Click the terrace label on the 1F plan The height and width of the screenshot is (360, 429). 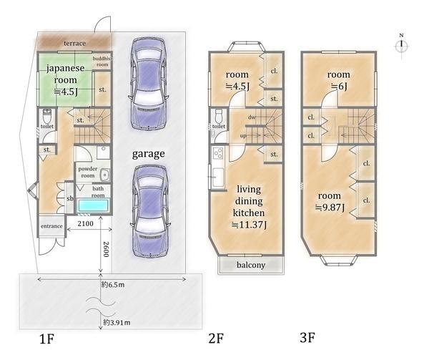(74, 43)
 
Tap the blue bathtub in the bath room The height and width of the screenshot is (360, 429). (93, 205)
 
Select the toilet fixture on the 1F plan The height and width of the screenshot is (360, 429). (47, 117)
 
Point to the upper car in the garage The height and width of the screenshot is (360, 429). (148, 84)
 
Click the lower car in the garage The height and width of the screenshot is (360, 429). (150, 212)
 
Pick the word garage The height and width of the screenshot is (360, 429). (148, 154)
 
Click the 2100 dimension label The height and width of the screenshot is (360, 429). (85, 224)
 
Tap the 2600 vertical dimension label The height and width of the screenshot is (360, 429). (106, 249)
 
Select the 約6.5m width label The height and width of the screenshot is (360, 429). (113, 285)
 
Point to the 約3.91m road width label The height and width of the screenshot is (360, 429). (117, 323)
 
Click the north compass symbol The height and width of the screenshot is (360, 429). (401, 45)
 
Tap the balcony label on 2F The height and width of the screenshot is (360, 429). (251, 265)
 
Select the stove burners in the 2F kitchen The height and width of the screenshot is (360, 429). (218, 153)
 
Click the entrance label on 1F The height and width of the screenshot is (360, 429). (51, 226)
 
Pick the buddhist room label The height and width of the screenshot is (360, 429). (102, 62)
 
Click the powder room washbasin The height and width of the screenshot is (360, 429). (104, 175)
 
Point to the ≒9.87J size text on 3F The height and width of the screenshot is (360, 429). (330, 208)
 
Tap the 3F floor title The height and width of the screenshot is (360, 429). (307, 337)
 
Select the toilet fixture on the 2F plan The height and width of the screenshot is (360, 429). (219, 117)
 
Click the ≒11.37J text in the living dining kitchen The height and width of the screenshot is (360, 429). (249, 225)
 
